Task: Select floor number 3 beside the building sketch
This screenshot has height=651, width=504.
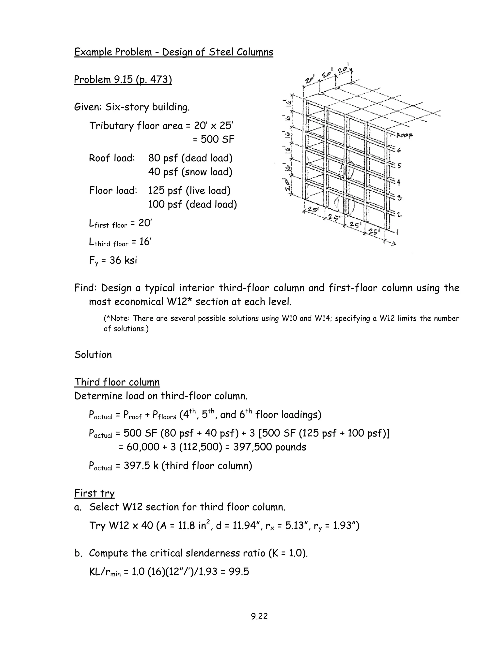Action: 399,198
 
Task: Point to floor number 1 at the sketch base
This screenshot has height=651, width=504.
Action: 397,232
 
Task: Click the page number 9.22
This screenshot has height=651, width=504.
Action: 259,616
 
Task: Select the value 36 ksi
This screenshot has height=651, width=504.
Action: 123,260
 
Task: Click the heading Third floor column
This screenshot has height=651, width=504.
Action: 117,382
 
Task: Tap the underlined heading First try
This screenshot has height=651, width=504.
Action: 94,493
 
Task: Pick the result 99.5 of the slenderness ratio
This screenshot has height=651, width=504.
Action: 239,572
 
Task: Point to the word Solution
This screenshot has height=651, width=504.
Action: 93,355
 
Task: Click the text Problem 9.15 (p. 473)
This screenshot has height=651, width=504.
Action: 123,80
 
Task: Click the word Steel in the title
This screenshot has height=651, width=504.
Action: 221,52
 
